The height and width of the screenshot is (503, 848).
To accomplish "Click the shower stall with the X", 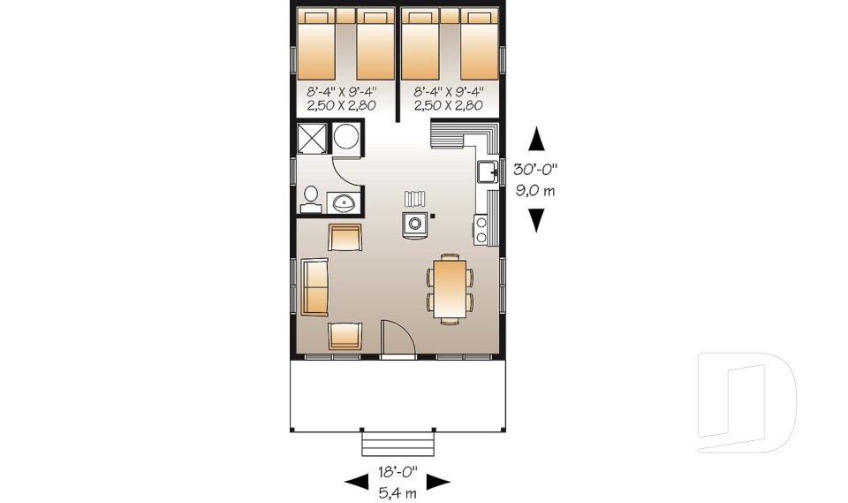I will click(x=312, y=139).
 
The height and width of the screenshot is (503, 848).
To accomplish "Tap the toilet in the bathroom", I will click(x=310, y=199).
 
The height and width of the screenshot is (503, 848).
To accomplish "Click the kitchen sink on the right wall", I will click(x=488, y=171).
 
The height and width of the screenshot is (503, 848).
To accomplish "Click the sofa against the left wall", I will click(x=314, y=287).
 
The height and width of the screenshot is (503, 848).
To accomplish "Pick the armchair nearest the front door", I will click(x=344, y=337).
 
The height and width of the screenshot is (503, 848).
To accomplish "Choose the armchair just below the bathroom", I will click(x=344, y=237).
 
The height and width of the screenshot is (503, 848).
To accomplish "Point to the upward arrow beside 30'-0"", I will click(x=535, y=141).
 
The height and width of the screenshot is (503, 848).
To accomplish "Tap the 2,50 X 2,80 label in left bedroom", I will click(x=341, y=105).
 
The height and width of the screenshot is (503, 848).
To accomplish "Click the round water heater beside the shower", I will click(x=346, y=139).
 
